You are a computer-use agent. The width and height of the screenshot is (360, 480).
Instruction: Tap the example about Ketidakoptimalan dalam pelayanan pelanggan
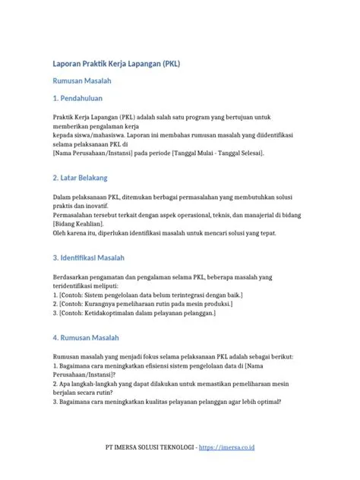(134, 312)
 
